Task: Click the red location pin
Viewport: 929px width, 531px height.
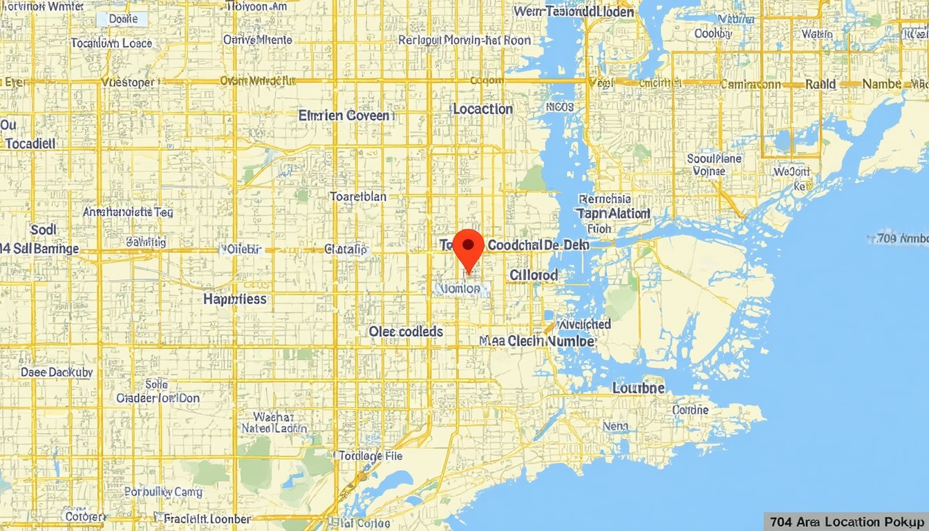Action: tap(469, 249)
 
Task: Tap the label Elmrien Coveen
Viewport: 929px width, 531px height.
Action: tap(345, 115)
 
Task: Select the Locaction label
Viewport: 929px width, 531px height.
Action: tap(482, 109)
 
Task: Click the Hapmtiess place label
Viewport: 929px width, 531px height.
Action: tap(235, 299)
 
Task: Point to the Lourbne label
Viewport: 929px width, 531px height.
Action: tap(639, 388)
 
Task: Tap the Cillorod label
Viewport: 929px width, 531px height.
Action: tap(534, 275)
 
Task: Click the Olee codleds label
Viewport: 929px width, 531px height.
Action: tap(406, 332)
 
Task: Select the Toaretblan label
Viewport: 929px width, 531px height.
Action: tap(358, 196)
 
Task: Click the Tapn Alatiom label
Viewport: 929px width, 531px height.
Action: tap(613, 214)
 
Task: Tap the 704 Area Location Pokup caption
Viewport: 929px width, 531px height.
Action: tap(846, 521)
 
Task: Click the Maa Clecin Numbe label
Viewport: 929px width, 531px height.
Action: tap(536, 341)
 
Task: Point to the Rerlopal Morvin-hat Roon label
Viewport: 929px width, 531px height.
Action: tap(464, 41)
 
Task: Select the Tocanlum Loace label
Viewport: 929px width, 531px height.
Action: tap(111, 43)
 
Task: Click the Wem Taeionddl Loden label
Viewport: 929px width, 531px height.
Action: tap(574, 12)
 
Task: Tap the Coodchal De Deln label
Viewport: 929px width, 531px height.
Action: tap(538, 245)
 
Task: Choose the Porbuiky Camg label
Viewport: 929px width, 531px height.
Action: tap(164, 492)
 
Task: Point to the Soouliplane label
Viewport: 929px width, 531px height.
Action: tap(714, 158)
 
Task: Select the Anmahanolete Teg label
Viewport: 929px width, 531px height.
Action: tap(128, 212)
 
